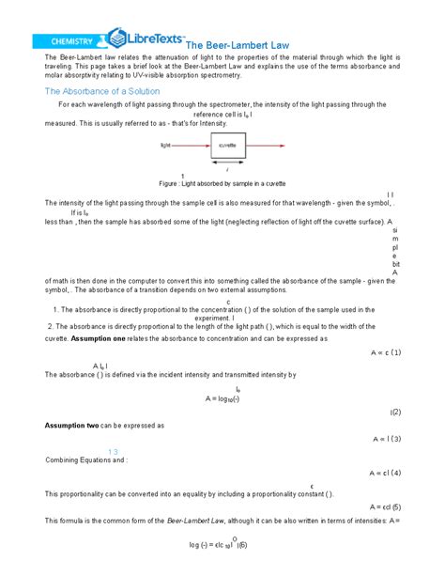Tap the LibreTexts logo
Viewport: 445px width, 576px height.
point(146,39)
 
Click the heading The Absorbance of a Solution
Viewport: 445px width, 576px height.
point(102,91)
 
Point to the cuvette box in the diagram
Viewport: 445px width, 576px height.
point(226,147)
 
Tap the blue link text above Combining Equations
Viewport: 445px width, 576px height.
point(111,451)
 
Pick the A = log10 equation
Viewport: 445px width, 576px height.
point(223,398)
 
